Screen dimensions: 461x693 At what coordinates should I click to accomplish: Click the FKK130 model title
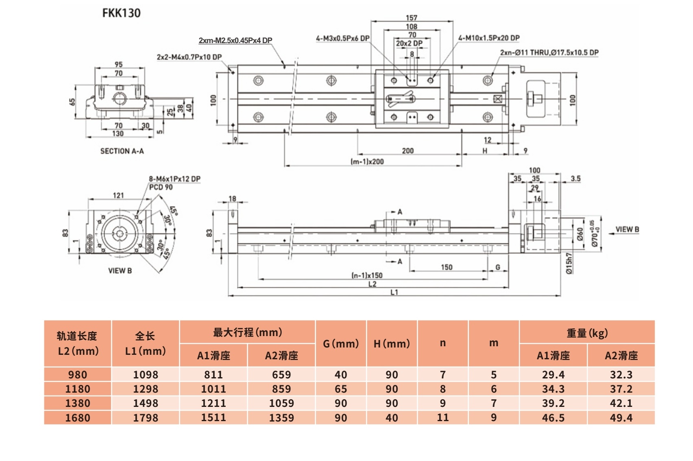tap(121, 13)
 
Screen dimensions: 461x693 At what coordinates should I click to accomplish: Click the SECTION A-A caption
tap(122, 151)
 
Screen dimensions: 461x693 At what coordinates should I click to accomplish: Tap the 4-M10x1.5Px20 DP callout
tap(489, 38)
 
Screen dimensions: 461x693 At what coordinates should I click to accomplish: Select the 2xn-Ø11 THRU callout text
tap(549, 52)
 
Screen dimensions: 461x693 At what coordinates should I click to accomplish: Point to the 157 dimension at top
tap(412, 18)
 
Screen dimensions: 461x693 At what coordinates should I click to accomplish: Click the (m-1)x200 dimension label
tap(367, 162)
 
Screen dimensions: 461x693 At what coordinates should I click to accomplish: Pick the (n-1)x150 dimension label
tap(367, 275)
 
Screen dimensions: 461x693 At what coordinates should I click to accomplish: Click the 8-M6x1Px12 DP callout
tap(174, 179)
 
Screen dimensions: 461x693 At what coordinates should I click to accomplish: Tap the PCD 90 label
tap(161, 187)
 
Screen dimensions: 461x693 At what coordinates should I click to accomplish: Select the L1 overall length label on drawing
tap(394, 292)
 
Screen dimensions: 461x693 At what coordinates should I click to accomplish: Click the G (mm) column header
tap(341, 344)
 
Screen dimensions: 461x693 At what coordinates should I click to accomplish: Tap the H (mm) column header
tap(392, 344)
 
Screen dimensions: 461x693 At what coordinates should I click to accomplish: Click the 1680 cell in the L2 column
tap(78, 418)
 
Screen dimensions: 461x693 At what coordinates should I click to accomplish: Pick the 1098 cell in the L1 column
tap(146, 375)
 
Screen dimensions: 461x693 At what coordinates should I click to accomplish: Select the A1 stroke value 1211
tap(214, 403)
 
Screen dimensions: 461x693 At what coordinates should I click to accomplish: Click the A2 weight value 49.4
tap(621, 418)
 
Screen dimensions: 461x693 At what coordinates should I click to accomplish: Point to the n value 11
tap(442, 418)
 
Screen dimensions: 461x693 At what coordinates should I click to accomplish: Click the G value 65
tap(341, 389)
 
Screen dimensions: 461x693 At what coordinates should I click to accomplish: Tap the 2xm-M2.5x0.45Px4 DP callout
tap(235, 41)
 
